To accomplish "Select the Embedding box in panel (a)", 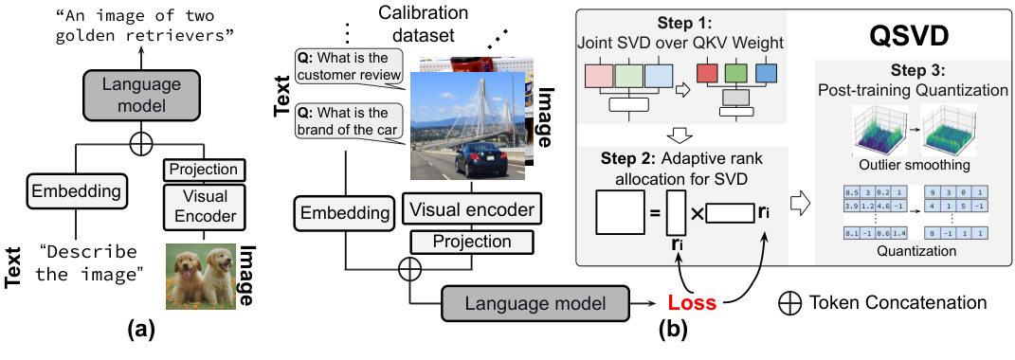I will click(76, 192).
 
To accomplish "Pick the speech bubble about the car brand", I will click(349, 123).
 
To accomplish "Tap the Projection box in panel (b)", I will click(473, 241).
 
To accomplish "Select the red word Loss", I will click(689, 304).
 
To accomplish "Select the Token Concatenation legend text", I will click(897, 303).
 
